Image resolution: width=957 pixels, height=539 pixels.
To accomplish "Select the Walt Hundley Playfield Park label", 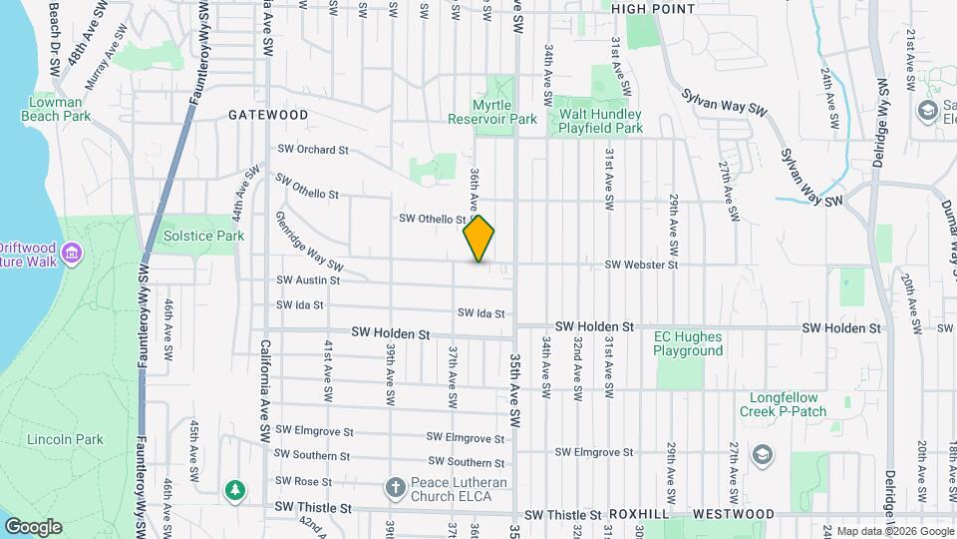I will (x=598, y=121).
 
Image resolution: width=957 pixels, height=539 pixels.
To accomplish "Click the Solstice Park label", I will (x=204, y=237).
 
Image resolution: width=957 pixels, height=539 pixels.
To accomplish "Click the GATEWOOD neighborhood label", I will (x=268, y=115).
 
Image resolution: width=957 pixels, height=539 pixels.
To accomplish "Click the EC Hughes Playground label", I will (x=688, y=343).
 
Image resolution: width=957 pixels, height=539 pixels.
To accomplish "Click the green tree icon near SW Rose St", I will (x=234, y=489).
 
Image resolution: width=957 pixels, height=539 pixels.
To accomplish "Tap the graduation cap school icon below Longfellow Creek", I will (x=763, y=456).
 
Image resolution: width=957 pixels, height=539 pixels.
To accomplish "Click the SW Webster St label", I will (x=642, y=266).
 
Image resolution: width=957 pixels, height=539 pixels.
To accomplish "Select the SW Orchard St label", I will (x=313, y=151).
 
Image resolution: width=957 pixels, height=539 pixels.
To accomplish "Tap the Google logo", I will (x=33, y=527).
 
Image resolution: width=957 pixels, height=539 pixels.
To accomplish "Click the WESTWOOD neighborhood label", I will (x=733, y=514).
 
